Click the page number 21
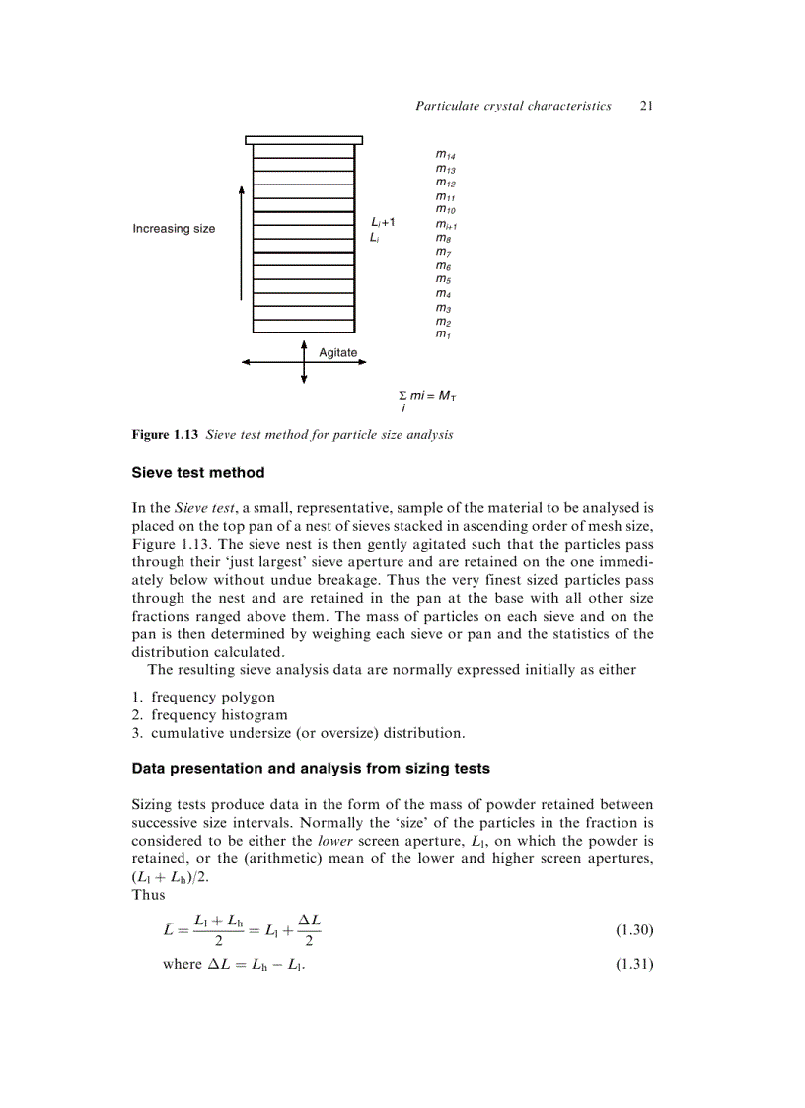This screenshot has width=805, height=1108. pyautogui.click(x=647, y=105)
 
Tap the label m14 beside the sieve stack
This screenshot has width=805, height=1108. pyautogui.click(x=445, y=155)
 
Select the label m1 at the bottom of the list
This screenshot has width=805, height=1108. pyautogui.click(x=443, y=334)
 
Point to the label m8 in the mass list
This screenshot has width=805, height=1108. pyautogui.click(x=443, y=238)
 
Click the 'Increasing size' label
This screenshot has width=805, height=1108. pyautogui.click(x=174, y=229)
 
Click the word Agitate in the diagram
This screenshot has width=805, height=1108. pyautogui.click(x=337, y=352)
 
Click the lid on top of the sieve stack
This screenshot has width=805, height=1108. pyautogui.click(x=304, y=140)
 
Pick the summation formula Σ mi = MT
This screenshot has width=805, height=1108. pyautogui.click(x=426, y=397)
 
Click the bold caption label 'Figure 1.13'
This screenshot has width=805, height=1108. pyautogui.click(x=166, y=435)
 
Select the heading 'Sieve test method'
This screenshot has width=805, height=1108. pyautogui.click(x=198, y=473)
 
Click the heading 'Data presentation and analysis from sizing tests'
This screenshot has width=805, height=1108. pyautogui.click(x=311, y=768)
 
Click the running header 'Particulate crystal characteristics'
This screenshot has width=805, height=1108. pyautogui.click(x=513, y=105)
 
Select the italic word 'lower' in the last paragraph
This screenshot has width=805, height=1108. pyautogui.click(x=338, y=842)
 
